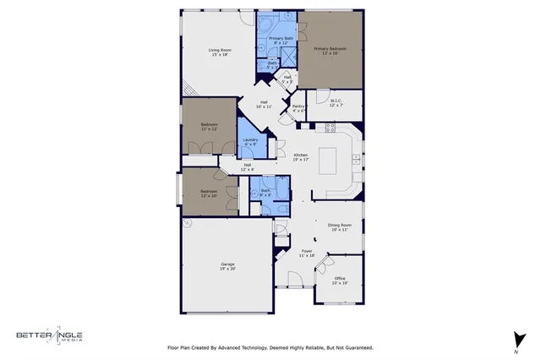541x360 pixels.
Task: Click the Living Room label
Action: coord(221,52)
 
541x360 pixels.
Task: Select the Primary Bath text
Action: coord(281,41)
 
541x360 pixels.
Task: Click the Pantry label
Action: coord(298,108)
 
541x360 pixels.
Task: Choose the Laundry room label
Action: coord(249,142)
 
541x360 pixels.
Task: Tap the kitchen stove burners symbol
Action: coord(330,128)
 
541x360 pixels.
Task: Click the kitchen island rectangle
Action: coord(332,160)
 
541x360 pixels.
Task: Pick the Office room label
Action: coord(339,281)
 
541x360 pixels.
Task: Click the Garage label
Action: coord(227,266)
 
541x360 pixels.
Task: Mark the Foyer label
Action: coord(307,253)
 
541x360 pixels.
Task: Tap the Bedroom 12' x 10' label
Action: coord(208,194)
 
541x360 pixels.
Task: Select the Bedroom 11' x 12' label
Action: coord(208,127)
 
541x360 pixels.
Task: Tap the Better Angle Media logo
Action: coord(49,335)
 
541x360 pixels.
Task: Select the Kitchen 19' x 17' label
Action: coord(300,157)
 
